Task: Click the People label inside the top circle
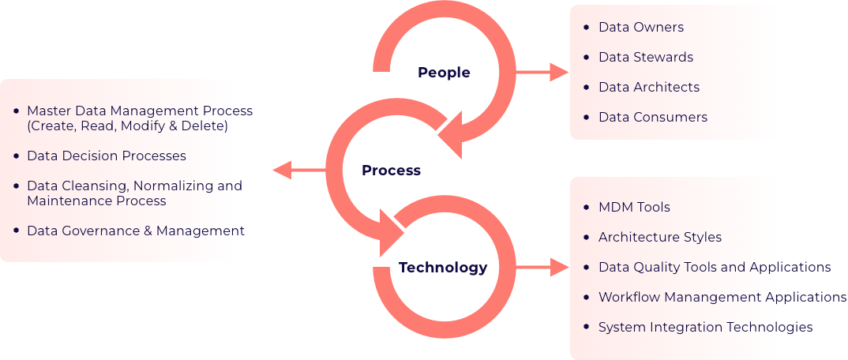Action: [444, 73]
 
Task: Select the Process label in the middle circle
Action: [391, 171]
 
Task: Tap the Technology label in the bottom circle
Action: [443, 268]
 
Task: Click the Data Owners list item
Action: [640, 27]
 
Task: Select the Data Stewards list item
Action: [645, 57]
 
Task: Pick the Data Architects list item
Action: [648, 87]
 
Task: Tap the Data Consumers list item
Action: [652, 117]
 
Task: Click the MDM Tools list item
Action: [634, 207]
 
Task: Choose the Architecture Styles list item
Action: [659, 237]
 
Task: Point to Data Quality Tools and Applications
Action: [714, 267]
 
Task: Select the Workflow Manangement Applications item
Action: [722, 297]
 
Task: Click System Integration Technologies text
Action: [705, 327]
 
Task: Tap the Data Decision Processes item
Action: [106, 156]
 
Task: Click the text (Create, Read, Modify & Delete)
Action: [127, 126]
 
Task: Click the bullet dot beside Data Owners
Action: [585, 27]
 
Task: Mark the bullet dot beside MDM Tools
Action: [585, 207]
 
